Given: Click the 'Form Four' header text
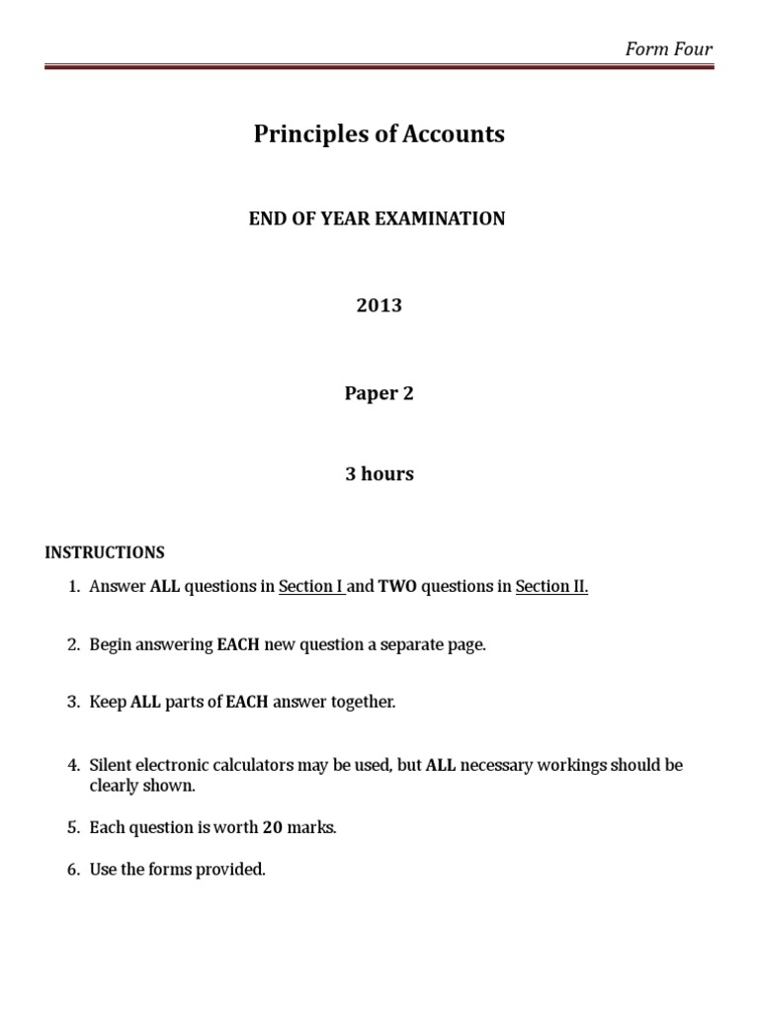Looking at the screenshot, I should (669, 49).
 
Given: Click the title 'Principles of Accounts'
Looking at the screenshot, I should (379, 134).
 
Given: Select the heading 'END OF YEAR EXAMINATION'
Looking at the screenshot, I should (377, 218).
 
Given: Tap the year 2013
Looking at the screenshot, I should (379, 305).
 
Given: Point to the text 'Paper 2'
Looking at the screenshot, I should (379, 393).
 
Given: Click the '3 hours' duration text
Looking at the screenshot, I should (379, 474).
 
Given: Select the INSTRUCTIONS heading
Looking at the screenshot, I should (105, 552).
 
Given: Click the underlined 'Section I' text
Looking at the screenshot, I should (309, 587).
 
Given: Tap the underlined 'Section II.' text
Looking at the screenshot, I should (551, 587).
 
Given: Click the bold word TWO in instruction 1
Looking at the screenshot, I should (397, 587).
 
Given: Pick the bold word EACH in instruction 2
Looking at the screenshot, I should (239, 645).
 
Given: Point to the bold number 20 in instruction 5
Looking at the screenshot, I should (272, 828).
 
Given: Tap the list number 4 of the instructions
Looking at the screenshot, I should (72, 766).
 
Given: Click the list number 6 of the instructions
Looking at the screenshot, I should (72, 871).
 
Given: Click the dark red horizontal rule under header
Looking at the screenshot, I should (379, 67).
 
